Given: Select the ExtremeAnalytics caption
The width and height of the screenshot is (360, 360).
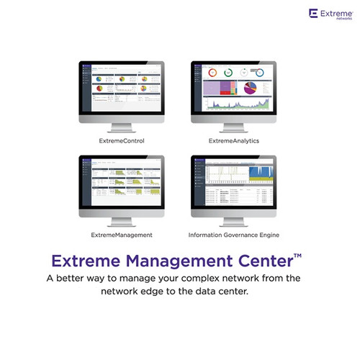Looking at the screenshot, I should click(233, 140).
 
